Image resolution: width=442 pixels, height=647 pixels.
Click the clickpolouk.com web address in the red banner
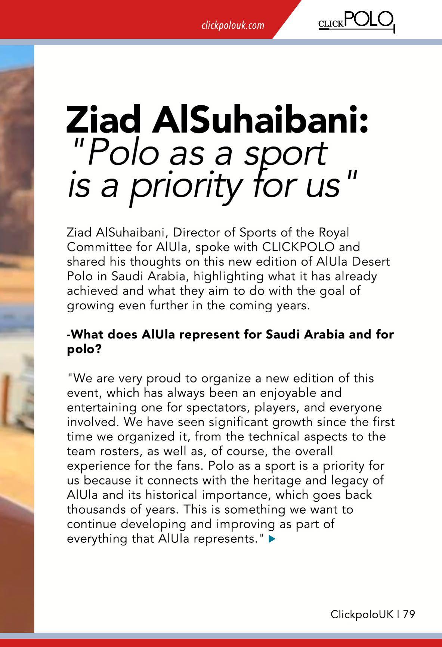pyautogui.click(x=232, y=25)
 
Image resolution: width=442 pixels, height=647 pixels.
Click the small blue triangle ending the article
pyautogui.click(x=272, y=539)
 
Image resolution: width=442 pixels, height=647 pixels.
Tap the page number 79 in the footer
pyautogui.click(x=409, y=615)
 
